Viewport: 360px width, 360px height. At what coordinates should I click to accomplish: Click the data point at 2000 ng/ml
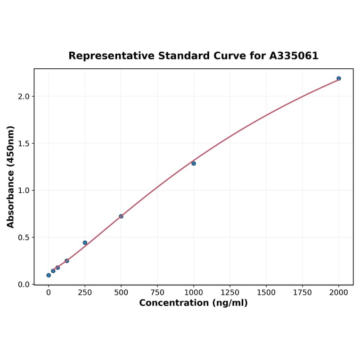(x=339, y=78)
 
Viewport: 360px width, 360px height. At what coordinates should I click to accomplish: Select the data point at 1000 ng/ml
(x=194, y=164)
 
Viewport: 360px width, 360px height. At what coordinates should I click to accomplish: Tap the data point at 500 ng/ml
(x=121, y=216)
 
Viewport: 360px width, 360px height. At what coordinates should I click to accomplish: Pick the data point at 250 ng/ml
(x=85, y=243)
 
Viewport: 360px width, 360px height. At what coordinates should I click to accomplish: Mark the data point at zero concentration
(x=49, y=275)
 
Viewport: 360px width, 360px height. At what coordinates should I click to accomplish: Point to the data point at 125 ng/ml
(x=67, y=261)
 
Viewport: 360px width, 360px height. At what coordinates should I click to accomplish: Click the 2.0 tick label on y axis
(x=23, y=97)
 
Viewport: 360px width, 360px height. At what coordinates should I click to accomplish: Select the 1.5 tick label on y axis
(x=23, y=143)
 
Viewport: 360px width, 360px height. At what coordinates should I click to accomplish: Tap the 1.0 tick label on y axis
(x=23, y=190)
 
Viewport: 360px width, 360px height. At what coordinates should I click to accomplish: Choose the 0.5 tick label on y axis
(x=23, y=237)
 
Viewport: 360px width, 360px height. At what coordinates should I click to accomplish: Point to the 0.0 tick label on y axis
(x=23, y=285)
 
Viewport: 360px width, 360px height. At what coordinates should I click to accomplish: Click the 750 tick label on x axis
(x=157, y=293)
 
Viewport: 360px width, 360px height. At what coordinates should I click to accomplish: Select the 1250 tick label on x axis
(x=230, y=293)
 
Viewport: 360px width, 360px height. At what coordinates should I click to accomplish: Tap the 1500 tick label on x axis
(x=266, y=293)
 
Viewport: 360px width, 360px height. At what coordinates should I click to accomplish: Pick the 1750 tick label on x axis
(x=303, y=293)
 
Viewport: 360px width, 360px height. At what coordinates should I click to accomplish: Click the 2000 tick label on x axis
(x=339, y=293)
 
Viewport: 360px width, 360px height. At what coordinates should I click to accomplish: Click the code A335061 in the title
(x=294, y=56)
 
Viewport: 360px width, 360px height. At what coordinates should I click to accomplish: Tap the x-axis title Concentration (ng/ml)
(x=193, y=303)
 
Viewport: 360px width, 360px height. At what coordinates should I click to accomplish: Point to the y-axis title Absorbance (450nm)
(x=11, y=177)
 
